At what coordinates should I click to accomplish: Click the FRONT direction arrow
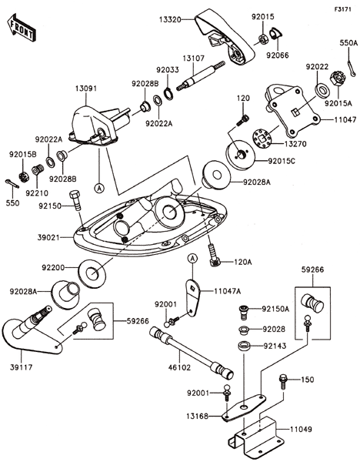tap(22, 27)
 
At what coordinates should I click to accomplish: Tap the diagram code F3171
tap(342, 9)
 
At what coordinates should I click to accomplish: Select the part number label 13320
tap(170, 20)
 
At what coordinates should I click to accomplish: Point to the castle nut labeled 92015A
tap(338, 79)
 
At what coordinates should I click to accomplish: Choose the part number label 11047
tap(345, 120)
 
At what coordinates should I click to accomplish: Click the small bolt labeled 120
tap(243, 121)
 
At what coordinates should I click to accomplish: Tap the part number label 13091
tap(85, 89)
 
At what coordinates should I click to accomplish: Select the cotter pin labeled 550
tap(12, 184)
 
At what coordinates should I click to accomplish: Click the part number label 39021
tap(48, 237)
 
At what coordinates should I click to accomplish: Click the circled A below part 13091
tap(100, 188)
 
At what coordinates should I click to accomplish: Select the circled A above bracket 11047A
tap(192, 259)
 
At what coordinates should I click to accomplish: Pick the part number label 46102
tap(179, 367)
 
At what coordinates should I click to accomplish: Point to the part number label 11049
tap(301, 430)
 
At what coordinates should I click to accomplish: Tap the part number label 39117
tap(22, 367)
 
